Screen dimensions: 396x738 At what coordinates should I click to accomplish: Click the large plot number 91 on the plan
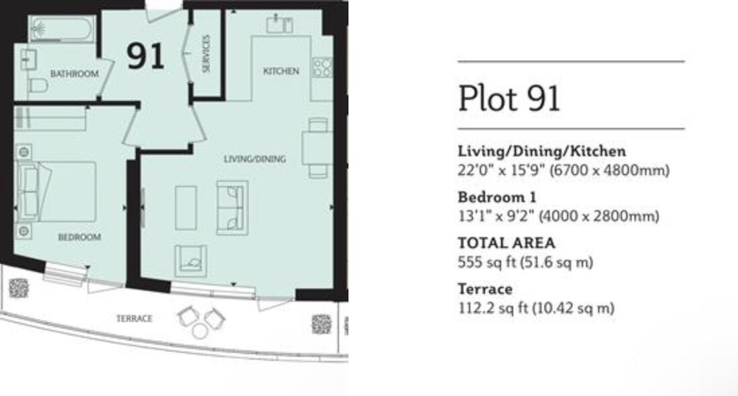pyautogui.click(x=145, y=56)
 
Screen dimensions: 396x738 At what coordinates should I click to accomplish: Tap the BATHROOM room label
pyautogui.click(x=74, y=73)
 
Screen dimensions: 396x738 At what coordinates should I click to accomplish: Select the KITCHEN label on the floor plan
pyautogui.click(x=281, y=71)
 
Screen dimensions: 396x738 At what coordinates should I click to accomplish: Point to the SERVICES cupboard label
pyautogui.click(x=207, y=54)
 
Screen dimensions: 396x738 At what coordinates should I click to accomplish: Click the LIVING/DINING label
pyautogui.click(x=254, y=159)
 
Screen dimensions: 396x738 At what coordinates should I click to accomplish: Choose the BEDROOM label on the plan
pyautogui.click(x=79, y=237)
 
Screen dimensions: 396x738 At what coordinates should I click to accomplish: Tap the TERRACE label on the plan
pyautogui.click(x=134, y=319)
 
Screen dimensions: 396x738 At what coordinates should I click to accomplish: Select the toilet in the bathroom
pyautogui.click(x=36, y=86)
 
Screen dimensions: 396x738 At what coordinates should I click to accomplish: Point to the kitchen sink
pyautogui.click(x=279, y=25)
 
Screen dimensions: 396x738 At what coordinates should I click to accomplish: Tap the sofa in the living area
pyautogui.click(x=231, y=207)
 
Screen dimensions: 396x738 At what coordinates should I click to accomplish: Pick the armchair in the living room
pyautogui.click(x=191, y=261)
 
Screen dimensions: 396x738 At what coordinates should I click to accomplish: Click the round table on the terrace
pyautogui.click(x=200, y=331)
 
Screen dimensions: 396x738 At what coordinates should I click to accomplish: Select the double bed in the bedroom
pyautogui.click(x=57, y=191)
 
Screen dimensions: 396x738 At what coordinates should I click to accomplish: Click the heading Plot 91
pyautogui.click(x=509, y=98)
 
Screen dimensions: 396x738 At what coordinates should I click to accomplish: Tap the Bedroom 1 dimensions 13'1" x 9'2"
pyautogui.click(x=558, y=216)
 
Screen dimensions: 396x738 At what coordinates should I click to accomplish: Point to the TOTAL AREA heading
pyautogui.click(x=507, y=243)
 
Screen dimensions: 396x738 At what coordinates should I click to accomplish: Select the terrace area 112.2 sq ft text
pyautogui.click(x=536, y=308)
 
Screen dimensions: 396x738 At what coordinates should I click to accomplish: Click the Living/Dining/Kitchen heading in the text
pyautogui.click(x=542, y=152)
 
